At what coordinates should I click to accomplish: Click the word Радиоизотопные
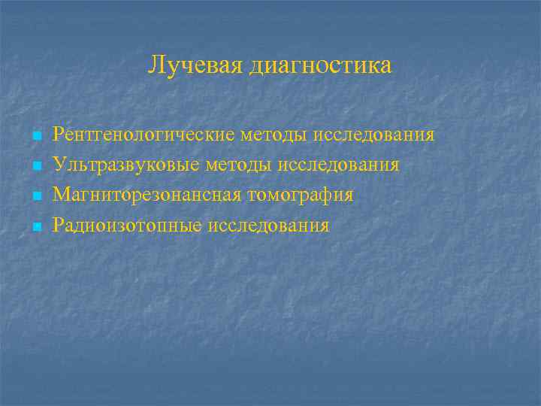[x=127, y=226]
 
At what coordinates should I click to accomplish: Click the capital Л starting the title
[x=156, y=65]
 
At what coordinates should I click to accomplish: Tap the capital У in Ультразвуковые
[x=59, y=165]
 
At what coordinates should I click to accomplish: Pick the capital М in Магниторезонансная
[x=61, y=195]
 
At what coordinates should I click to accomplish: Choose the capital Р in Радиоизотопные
[x=58, y=225]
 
